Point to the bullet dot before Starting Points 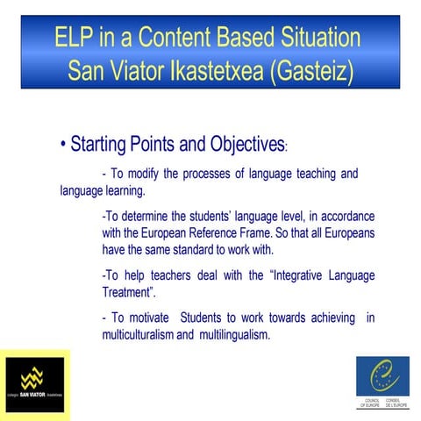tap(63, 144)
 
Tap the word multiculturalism tap(149, 335)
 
